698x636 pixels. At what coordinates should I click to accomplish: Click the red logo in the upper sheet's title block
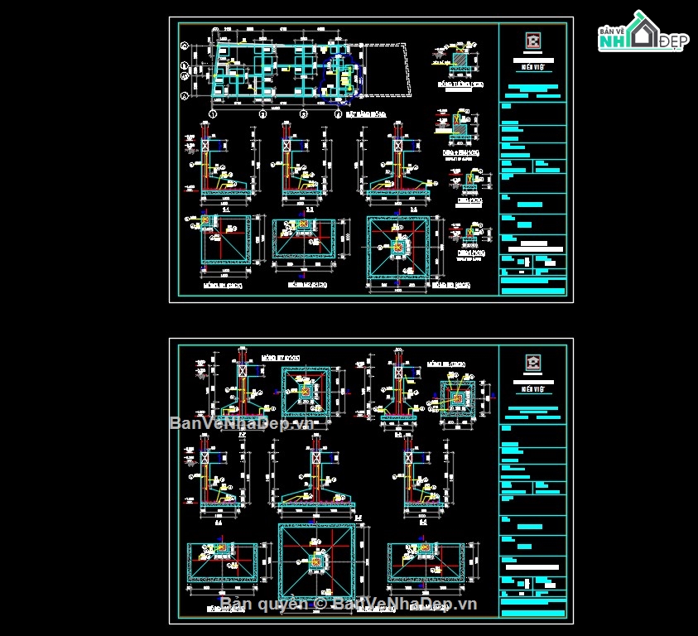pyautogui.click(x=533, y=42)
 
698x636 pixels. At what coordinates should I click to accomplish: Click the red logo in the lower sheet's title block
pyautogui.click(x=533, y=362)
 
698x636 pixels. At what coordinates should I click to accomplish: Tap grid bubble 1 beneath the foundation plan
pyautogui.click(x=213, y=114)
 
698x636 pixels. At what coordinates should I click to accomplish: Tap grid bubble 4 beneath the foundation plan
pyautogui.click(x=337, y=114)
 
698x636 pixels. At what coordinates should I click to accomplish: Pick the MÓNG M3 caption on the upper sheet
pyautogui.click(x=448, y=284)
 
